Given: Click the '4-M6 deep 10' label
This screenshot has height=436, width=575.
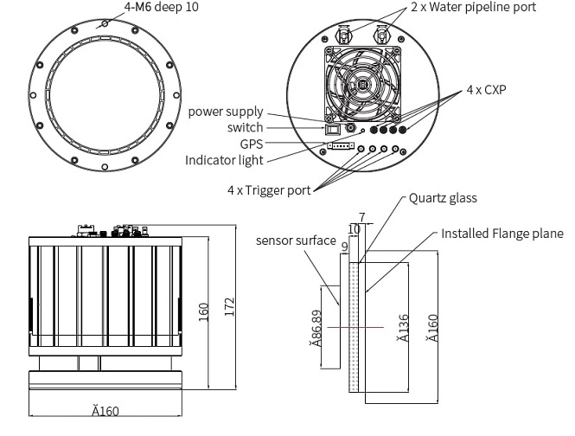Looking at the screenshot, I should click(161, 7).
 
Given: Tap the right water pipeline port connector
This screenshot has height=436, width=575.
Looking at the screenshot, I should click(380, 35).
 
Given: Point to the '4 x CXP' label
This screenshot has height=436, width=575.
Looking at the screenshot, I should click(486, 90).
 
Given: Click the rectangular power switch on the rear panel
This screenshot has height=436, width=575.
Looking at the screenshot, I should click(333, 129).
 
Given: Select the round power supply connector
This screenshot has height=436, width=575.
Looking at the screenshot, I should click(351, 127).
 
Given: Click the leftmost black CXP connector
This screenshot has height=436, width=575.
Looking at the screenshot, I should click(374, 131).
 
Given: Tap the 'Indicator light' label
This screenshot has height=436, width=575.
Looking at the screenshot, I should click(224, 160).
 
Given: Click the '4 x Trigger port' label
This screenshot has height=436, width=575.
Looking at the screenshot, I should click(272, 189).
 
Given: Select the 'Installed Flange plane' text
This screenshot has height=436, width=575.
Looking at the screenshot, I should click(502, 234).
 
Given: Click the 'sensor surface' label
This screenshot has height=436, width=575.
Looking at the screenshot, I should click(295, 240).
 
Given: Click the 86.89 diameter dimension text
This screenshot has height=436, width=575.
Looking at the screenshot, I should click(317, 327).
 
